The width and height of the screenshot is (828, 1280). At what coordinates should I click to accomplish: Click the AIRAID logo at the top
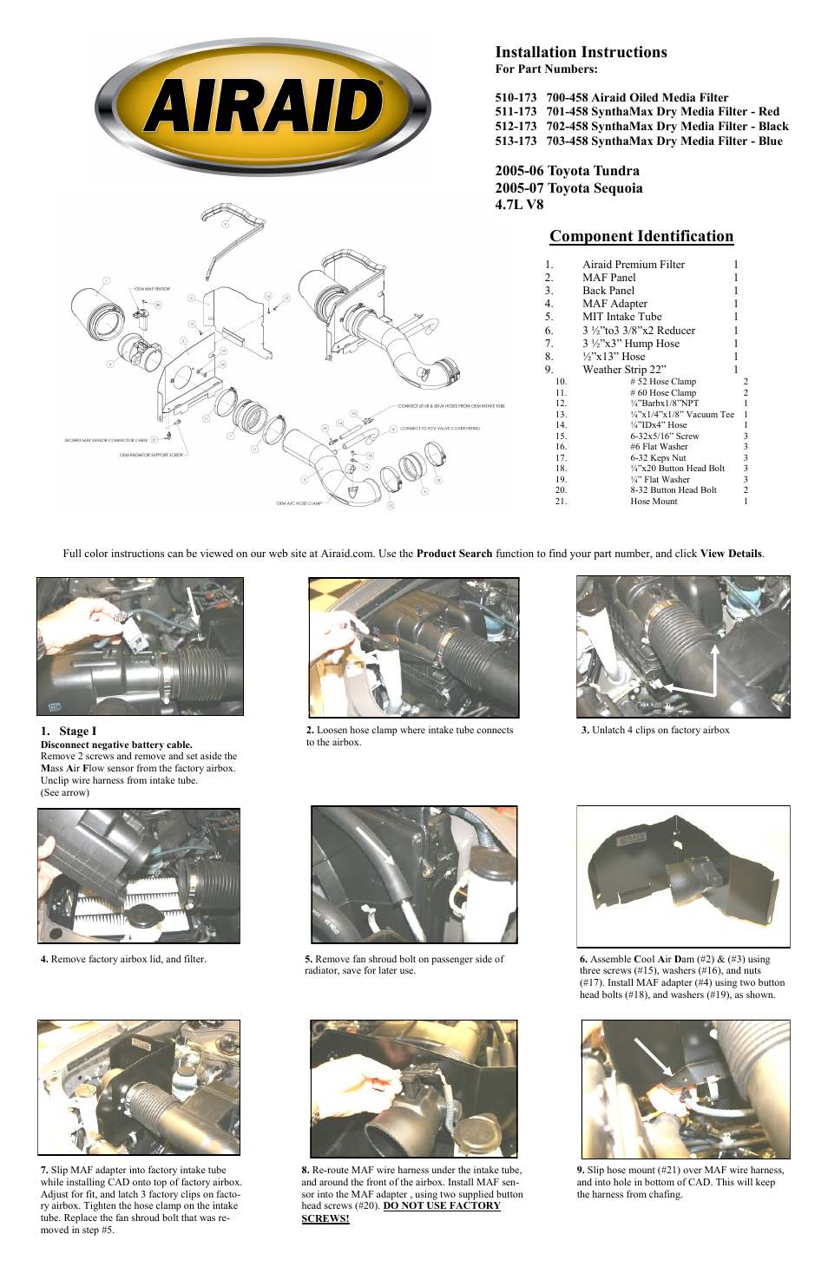(x=262, y=107)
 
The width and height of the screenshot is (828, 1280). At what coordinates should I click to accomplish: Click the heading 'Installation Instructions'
(x=581, y=52)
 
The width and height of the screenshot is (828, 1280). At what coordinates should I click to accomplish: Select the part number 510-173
(x=516, y=98)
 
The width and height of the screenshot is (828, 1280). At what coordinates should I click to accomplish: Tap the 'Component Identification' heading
(x=641, y=236)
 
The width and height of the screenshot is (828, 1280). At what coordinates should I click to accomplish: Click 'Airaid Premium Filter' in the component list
(x=633, y=265)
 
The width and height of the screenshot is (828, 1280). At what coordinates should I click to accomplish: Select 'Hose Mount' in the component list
(x=653, y=502)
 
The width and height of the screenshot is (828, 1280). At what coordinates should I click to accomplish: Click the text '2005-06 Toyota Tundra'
(x=567, y=171)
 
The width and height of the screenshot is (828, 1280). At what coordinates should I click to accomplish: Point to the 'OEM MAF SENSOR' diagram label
(x=152, y=289)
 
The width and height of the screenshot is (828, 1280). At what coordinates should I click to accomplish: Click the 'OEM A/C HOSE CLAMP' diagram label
(x=299, y=503)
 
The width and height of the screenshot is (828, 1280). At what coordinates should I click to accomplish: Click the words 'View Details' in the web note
(x=731, y=554)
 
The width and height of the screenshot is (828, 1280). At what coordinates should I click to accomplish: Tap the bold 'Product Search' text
(x=454, y=554)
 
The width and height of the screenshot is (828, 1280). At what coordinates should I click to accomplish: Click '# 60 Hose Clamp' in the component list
(x=662, y=393)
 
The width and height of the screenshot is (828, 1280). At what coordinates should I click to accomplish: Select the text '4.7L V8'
(x=519, y=204)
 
